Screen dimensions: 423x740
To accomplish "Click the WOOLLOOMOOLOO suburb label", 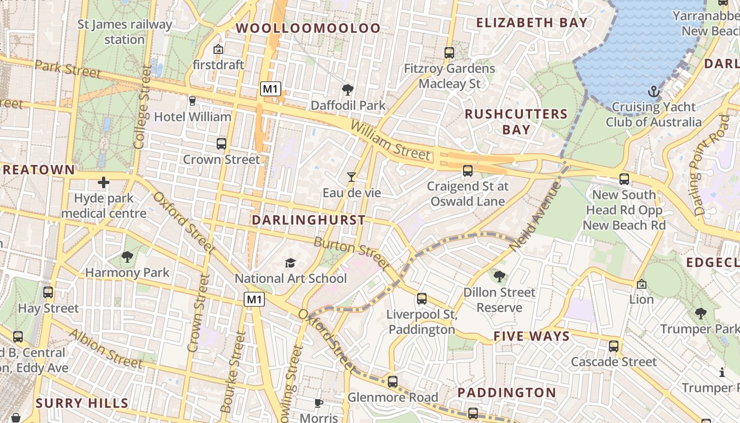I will tap(308, 28).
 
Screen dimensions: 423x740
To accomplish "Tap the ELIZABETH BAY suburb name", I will tap(532, 22).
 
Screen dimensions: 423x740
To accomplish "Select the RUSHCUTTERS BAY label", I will tap(516, 122).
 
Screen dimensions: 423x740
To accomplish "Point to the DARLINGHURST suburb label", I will tap(309, 220).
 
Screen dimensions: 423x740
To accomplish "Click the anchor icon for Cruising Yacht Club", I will tap(654, 92).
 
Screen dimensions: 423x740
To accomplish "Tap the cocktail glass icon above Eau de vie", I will tap(351, 177).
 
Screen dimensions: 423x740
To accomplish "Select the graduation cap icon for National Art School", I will tap(290, 263).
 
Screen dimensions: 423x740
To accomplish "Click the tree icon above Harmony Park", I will tap(127, 257).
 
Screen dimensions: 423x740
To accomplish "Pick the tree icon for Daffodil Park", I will tap(348, 89).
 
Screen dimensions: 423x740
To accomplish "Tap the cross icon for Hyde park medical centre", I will tap(104, 183).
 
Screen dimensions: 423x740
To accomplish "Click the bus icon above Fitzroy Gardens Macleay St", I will tap(449, 53).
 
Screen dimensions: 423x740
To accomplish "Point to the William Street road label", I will tap(390, 141).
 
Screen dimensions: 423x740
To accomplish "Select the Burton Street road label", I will tap(351, 253).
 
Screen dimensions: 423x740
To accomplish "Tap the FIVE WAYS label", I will tap(532, 336).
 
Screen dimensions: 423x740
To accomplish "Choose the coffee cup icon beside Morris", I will tap(319, 403).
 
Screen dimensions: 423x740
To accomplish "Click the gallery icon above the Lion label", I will tap(641, 284).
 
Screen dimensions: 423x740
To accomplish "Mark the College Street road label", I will tap(142, 107).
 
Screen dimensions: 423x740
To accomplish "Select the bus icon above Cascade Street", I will tap(614, 346).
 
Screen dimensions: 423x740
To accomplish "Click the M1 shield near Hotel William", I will tap(270, 89).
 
